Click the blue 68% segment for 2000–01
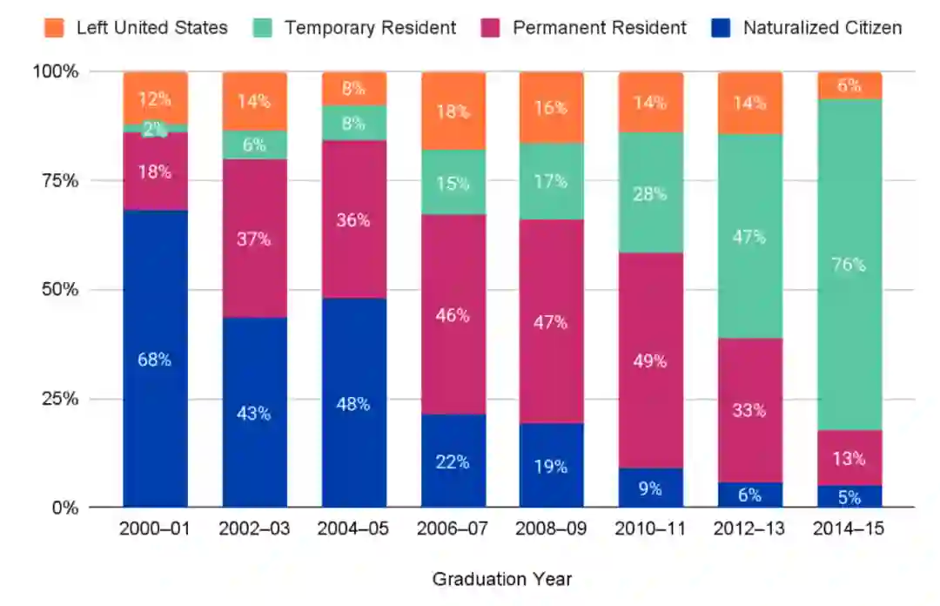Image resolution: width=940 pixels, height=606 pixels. pos(155,359)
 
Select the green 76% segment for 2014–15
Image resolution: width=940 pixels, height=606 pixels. pos(849,265)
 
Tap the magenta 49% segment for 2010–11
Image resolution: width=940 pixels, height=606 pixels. pos(651,360)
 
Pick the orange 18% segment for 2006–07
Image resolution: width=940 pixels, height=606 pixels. pos(453,111)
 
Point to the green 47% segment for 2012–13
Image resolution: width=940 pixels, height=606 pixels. pos(750,236)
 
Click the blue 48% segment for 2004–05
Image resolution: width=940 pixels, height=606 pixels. pos(354,403)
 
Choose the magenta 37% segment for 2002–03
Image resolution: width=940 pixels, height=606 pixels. pos(255,239)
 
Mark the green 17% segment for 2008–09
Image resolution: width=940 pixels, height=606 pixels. pos(552,181)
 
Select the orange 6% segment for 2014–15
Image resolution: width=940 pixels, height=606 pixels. pos(849,85)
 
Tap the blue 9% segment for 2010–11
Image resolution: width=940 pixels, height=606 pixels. pos(651,488)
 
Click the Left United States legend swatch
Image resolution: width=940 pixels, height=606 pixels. pos(54,28)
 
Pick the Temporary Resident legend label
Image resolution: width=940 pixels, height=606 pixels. pos(370,28)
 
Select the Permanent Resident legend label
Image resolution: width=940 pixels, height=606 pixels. pos(599,28)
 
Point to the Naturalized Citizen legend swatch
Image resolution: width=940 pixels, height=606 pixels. pos(720,28)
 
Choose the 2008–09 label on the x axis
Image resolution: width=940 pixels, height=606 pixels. pos(552,529)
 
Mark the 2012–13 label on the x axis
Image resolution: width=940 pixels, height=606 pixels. pos(750,529)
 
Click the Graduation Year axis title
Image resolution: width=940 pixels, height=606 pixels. pos(502,579)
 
